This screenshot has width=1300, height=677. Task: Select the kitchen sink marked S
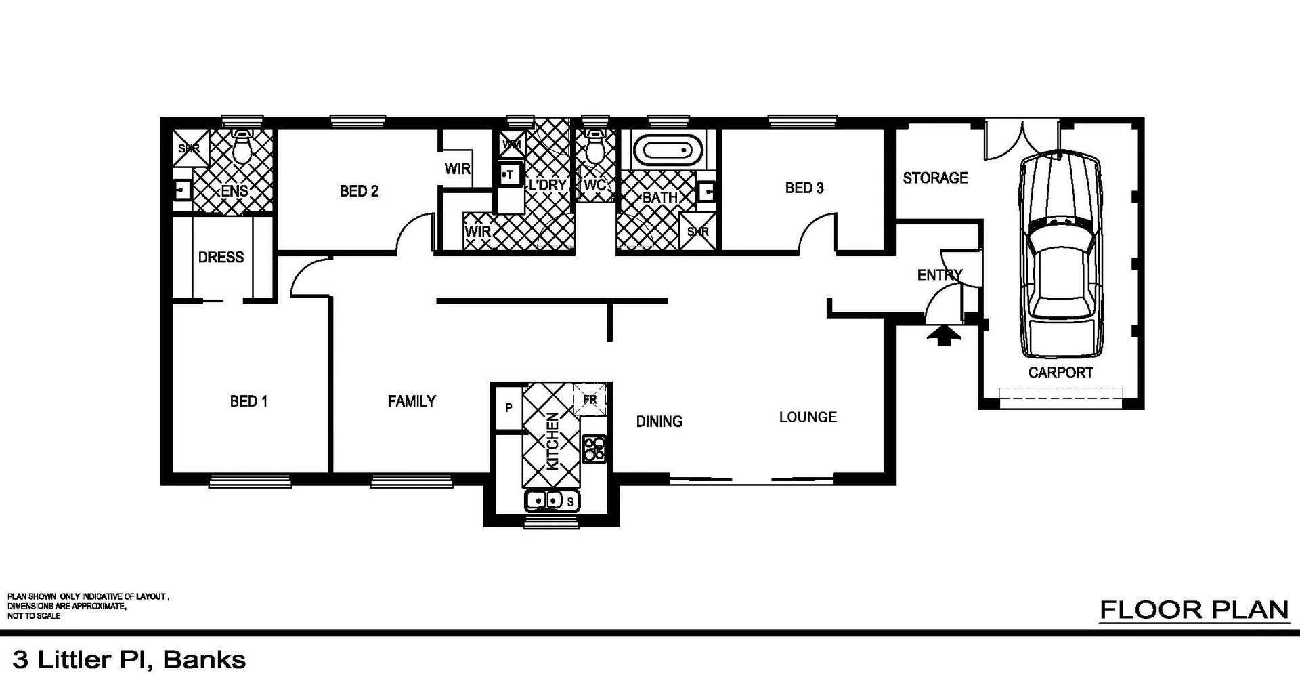pos(552,501)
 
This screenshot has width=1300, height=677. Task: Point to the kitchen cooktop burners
pos(594,449)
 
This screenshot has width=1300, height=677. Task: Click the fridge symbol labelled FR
pos(590,400)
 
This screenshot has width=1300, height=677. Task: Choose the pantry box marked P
pos(508,408)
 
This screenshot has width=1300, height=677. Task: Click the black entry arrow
pos(943,335)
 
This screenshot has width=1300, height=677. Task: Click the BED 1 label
pos(248,401)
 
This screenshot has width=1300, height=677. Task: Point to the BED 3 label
pos(804,188)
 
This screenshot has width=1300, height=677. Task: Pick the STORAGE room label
pos(935,178)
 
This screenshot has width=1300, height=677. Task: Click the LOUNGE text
pos(808,417)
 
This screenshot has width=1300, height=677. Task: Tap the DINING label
pos(659,422)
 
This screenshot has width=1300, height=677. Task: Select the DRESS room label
pos(221,258)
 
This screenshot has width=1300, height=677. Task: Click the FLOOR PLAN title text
pos(1194,610)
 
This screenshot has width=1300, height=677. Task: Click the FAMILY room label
pos(412,401)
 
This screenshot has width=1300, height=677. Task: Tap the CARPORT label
pos(1060,373)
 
